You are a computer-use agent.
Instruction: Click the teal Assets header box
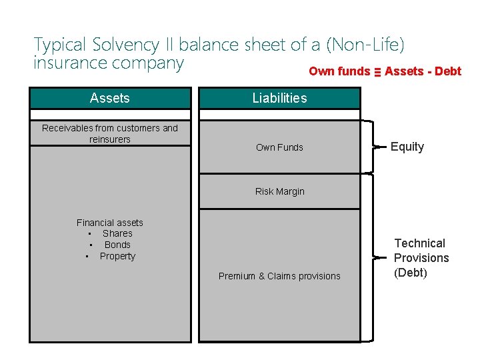(110, 98)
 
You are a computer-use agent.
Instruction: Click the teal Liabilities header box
(279, 98)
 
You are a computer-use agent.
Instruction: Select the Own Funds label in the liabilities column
(279, 147)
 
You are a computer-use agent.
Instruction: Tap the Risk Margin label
(279, 191)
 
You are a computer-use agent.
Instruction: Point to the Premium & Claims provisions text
(279, 276)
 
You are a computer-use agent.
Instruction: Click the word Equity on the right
(407, 147)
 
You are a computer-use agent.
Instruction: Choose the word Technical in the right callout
(419, 243)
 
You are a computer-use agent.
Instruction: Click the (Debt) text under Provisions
(411, 273)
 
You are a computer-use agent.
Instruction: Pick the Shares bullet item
(117, 233)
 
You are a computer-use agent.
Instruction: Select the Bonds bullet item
(117, 245)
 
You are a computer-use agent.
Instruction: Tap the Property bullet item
(117, 256)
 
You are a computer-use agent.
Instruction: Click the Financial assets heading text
(110, 223)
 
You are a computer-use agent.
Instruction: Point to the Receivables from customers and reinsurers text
(110, 133)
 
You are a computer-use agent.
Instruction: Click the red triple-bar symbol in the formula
(377, 72)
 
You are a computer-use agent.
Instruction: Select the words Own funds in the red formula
(339, 71)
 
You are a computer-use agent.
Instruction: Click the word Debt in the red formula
(447, 71)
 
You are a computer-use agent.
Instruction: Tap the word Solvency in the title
(123, 45)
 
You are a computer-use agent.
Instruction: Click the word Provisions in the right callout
(421, 258)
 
